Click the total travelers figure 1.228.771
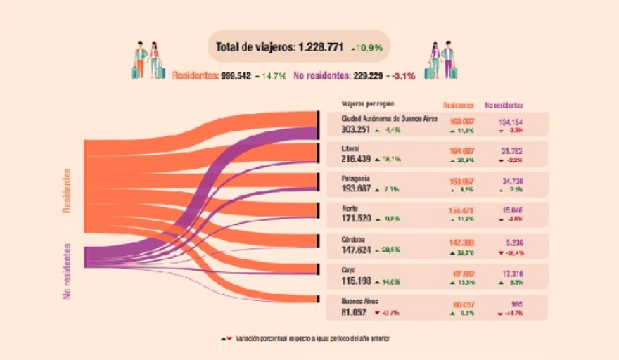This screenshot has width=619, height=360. [x=320, y=47]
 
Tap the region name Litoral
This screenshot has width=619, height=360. [x=350, y=149]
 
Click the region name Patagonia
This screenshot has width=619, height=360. [x=355, y=179]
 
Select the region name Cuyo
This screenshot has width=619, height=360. [x=349, y=269]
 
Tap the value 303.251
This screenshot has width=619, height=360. [x=356, y=129]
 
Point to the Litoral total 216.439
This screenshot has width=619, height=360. [x=356, y=160]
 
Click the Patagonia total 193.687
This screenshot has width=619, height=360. [x=356, y=190]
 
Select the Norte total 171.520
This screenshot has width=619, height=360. [x=356, y=219]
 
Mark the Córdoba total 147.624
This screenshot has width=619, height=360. [x=356, y=250]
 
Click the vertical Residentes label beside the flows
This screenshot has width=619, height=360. [x=68, y=190]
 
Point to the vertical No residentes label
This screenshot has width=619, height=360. [x=68, y=271]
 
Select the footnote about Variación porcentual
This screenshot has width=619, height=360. [x=312, y=338]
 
